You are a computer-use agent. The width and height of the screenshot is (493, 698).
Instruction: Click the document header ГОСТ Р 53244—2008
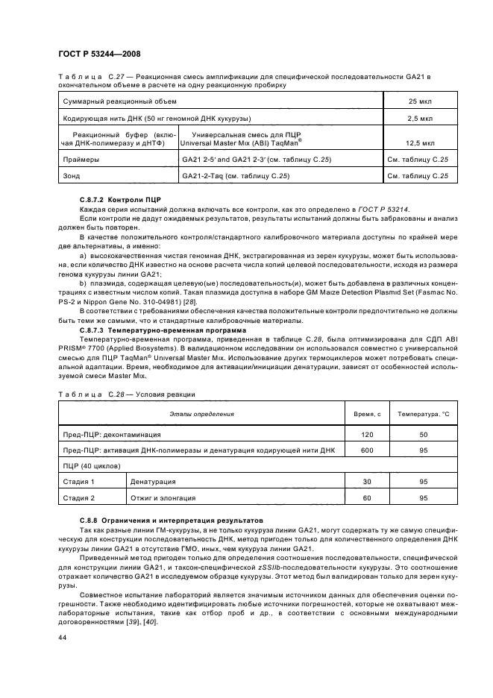pyautogui.click(x=99, y=54)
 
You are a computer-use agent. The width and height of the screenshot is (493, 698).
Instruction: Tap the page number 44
pyautogui.click(x=63, y=638)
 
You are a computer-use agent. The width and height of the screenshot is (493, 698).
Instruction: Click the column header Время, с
pyautogui.click(x=367, y=413)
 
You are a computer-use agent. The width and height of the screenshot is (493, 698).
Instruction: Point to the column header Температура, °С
pyautogui.click(x=423, y=413)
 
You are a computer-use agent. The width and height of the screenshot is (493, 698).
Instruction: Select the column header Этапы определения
pyautogui.click(x=201, y=413)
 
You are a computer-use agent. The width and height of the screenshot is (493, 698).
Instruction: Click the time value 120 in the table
pyautogui.click(x=367, y=433)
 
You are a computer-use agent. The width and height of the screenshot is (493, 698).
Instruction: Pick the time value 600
pyautogui.click(x=367, y=450)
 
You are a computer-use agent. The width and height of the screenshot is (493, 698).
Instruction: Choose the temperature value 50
pyautogui.click(x=423, y=433)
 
